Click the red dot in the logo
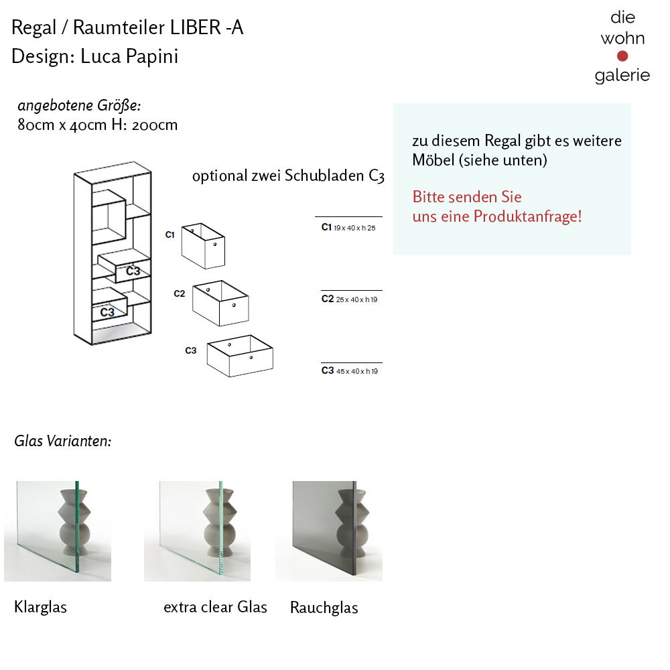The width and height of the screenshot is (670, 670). tap(622, 56)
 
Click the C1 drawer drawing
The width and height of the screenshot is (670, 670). tap(203, 245)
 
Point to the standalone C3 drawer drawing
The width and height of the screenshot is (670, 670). tap(239, 356)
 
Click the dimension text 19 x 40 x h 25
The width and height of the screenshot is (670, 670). tap(355, 228)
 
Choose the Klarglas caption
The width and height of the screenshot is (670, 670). tap(40, 607)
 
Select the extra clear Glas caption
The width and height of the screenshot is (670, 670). tap(215, 607)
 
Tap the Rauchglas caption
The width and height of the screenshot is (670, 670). tap(324, 608)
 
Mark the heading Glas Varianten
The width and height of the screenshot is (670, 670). tap(62, 441)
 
